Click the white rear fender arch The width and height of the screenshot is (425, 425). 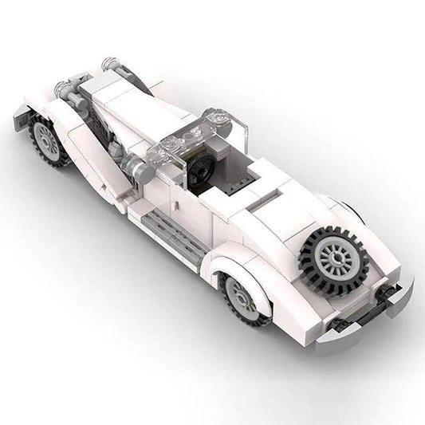[x=239, y=263]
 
